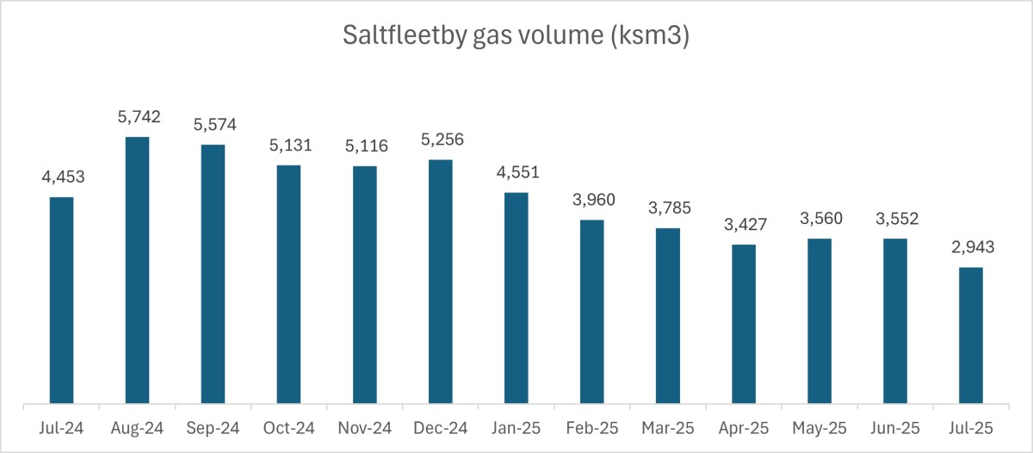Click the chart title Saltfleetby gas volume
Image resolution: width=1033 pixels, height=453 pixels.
pyautogui.click(x=516, y=36)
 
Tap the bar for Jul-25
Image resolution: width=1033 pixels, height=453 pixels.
pyautogui.click(x=971, y=335)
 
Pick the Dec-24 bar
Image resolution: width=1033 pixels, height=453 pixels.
pyautogui.click(x=440, y=281)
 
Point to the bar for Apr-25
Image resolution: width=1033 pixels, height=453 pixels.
pyautogui.click(x=744, y=324)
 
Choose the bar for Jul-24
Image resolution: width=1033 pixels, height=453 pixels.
pyautogui.click(x=61, y=300)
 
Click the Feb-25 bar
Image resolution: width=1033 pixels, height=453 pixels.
pyautogui.click(x=592, y=311)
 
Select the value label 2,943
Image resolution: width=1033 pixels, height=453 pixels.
pyautogui.click(x=971, y=248)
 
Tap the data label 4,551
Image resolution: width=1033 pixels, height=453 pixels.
pyautogui.click(x=516, y=173)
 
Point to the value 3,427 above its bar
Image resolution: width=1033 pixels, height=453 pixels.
pyautogui.click(x=744, y=225)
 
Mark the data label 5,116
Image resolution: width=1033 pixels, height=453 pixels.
pyautogui.click(x=364, y=146)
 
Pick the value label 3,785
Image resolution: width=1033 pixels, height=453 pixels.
pyautogui.click(x=668, y=208)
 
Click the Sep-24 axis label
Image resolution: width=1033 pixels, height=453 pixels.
pyautogui.click(x=213, y=427)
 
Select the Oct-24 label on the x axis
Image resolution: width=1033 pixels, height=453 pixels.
pyautogui.click(x=288, y=427)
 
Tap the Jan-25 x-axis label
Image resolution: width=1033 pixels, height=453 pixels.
pyautogui.click(x=516, y=427)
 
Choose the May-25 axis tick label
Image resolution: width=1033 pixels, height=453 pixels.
pyautogui.click(x=820, y=427)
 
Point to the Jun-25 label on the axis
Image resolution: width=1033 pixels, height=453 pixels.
pyautogui.click(x=895, y=427)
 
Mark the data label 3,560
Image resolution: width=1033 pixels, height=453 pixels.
pyautogui.click(x=820, y=219)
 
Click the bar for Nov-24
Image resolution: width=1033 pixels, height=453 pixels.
pyautogui.click(x=364, y=284)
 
